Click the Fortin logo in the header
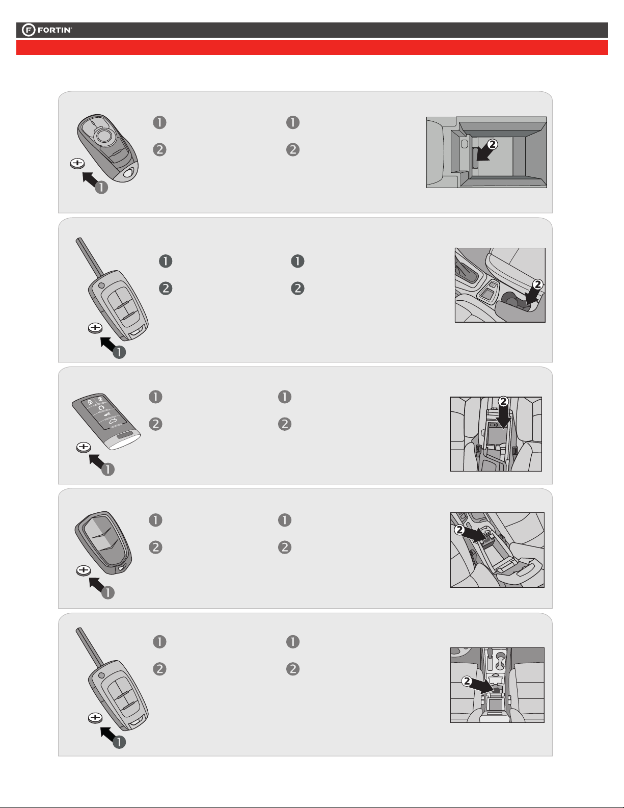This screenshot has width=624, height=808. tap(47, 30)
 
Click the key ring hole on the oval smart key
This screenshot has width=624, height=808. tap(129, 173)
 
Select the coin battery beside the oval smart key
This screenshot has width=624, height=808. tap(77, 163)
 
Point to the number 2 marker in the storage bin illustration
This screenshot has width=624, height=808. tap(492, 144)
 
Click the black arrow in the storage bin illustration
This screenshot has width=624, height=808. tap(484, 154)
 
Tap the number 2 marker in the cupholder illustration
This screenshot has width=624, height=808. tap(537, 284)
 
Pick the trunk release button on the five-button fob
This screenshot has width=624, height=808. tap(114, 421)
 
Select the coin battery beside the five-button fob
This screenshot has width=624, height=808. tap(84, 447)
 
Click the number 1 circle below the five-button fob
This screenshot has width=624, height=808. tap(108, 470)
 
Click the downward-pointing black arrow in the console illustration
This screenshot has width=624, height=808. tap(503, 417)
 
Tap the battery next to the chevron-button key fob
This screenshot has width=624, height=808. tap(84, 570)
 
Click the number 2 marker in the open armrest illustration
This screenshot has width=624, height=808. tap(459, 530)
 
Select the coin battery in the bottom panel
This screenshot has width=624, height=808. tap(95, 718)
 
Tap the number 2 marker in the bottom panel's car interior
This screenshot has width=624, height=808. tap(467, 681)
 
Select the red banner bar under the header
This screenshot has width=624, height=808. tap(312, 47)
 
